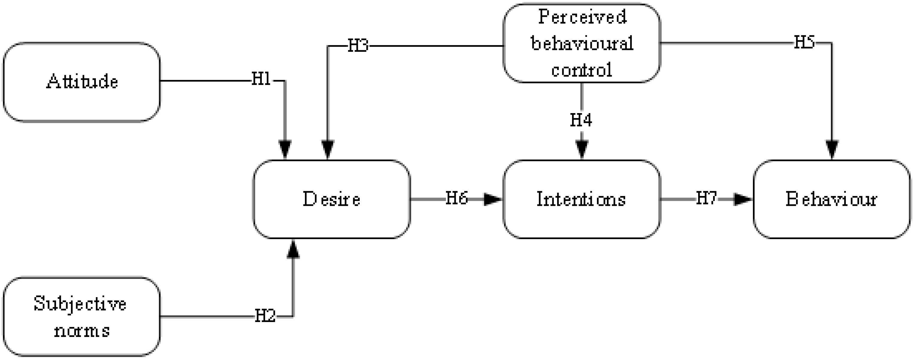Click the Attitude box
coord(82,82)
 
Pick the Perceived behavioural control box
coord(581,43)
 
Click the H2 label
coord(265,316)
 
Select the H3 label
coord(358,46)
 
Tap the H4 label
coord(581,120)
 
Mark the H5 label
coord(804,42)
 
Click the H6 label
coord(456,198)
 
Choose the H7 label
coord(706,198)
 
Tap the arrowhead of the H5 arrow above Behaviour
coord(832,149)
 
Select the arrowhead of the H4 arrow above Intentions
coord(581,149)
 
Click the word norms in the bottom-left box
coord(82,331)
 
